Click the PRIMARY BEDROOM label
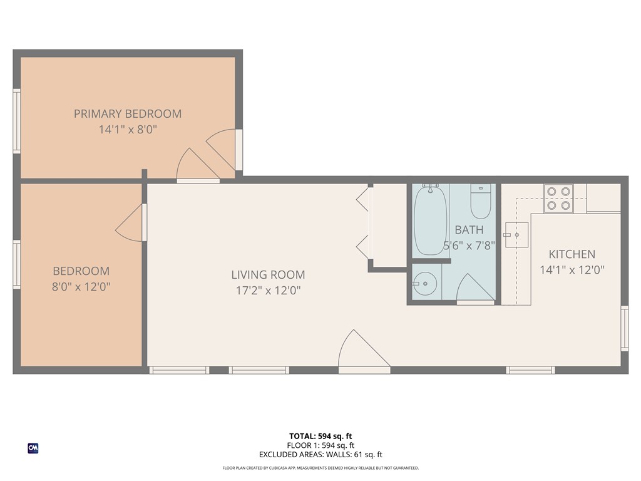(x=128, y=113)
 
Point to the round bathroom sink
(x=426, y=284)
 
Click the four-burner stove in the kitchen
(x=558, y=198)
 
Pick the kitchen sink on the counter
(x=517, y=235)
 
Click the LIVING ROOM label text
(x=268, y=274)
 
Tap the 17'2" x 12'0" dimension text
(x=268, y=291)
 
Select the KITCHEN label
(x=572, y=254)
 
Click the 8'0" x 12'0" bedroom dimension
(x=81, y=287)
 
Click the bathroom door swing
(x=474, y=287)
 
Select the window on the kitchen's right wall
(x=624, y=328)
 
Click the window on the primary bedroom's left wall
(x=17, y=121)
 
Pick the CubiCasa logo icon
(x=33, y=448)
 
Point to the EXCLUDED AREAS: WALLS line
(x=320, y=455)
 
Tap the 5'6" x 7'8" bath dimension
(x=469, y=246)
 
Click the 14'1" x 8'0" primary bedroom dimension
(x=128, y=130)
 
